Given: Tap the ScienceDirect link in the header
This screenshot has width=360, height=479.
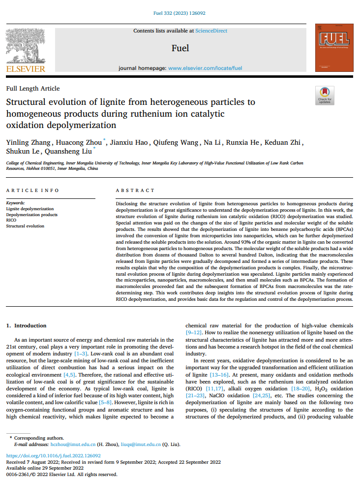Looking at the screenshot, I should click(x=211, y=31).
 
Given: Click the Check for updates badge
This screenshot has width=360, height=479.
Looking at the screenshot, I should click(x=325, y=95).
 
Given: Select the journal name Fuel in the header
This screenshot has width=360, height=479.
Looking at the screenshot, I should click(x=180, y=48).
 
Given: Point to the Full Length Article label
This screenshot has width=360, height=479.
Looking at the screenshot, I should click(x=33, y=89).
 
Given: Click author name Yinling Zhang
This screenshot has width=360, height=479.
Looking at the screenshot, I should click(x=27, y=143).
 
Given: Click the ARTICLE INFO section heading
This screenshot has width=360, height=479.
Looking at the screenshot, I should click(x=32, y=191).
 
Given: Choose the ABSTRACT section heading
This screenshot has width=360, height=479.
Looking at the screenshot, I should click(x=135, y=191).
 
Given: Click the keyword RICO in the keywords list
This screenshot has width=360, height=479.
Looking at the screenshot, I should click(x=11, y=220).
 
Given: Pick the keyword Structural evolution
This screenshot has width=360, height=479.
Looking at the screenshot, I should click(x=25, y=226).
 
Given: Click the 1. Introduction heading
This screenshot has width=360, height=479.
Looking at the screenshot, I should click(x=26, y=325).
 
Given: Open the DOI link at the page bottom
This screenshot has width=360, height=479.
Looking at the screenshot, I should click(x=53, y=456).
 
